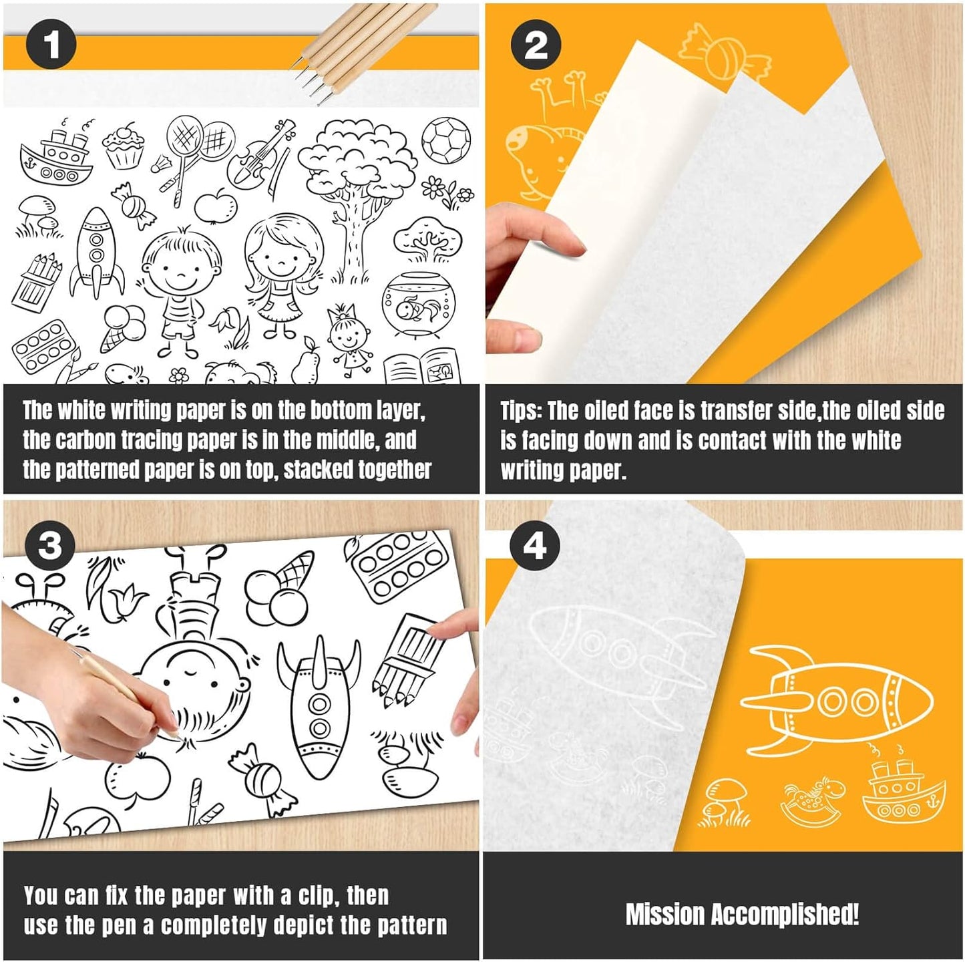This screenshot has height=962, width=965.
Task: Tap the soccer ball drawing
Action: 445,141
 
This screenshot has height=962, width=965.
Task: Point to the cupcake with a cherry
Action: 124,146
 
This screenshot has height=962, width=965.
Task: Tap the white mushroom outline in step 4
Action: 726,802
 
